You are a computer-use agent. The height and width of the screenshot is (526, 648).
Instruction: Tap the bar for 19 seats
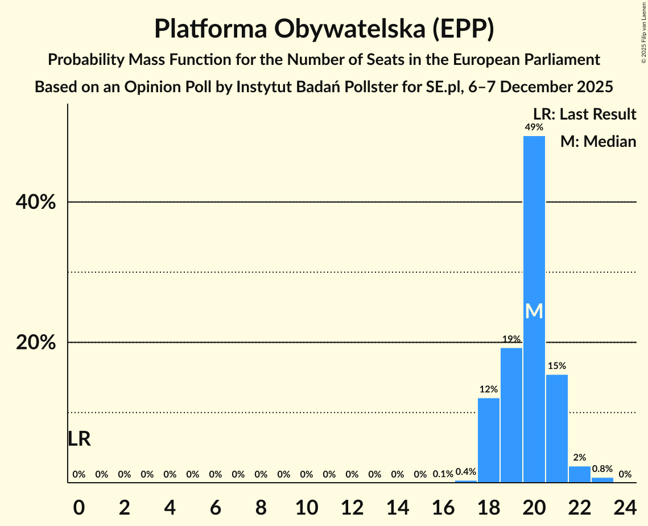[511, 415]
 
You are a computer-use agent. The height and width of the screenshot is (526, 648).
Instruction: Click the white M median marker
[534, 311]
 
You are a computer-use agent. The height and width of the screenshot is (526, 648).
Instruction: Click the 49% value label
[534, 128]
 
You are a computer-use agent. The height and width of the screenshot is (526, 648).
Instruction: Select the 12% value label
[488, 389]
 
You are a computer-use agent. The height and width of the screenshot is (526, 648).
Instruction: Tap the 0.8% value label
[602, 469]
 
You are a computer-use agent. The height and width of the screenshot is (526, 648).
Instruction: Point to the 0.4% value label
[465, 472]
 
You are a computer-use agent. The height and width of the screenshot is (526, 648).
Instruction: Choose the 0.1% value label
[443, 474]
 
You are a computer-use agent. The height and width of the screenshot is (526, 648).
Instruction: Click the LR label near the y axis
[79, 439]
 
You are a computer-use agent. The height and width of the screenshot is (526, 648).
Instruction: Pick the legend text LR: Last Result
[584, 114]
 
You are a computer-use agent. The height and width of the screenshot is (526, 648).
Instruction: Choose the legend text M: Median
[598, 141]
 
